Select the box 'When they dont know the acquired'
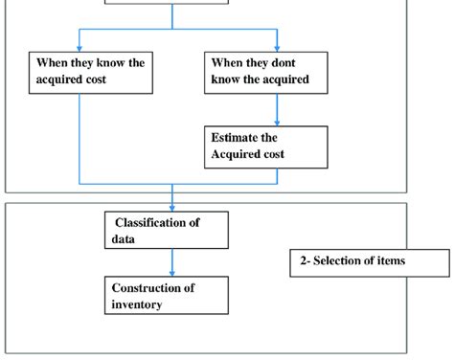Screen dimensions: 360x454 pyautogui.click(x=263, y=72)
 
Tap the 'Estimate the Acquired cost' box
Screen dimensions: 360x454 pyautogui.click(x=263, y=146)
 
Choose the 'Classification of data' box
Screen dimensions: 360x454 pyautogui.click(x=168, y=231)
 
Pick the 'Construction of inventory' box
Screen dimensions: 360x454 pyautogui.click(x=168, y=296)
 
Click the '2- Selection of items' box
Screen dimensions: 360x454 pyautogui.click(x=369, y=261)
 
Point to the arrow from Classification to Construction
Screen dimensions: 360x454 pyautogui.click(x=172, y=262)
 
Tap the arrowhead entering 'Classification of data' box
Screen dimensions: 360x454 pyautogui.click(x=172, y=207)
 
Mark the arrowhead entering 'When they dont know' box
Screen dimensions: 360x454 pyautogui.click(x=278, y=47)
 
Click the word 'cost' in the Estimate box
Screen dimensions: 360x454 pyautogui.click(x=298, y=154)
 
